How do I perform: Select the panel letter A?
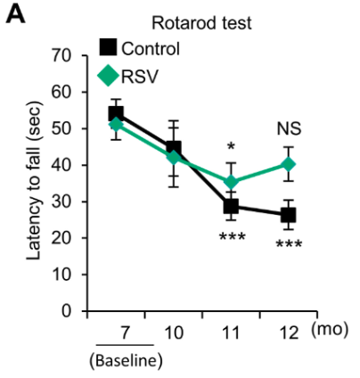[x=15, y=15]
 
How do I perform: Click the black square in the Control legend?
[x=107, y=47]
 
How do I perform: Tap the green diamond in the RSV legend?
[x=107, y=76]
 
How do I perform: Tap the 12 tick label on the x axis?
[x=289, y=332]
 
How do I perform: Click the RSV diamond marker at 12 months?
[x=289, y=164]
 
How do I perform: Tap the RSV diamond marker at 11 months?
[x=231, y=182]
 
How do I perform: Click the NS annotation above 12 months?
[x=289, y=129]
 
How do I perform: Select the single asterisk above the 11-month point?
[x=231, y=148]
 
